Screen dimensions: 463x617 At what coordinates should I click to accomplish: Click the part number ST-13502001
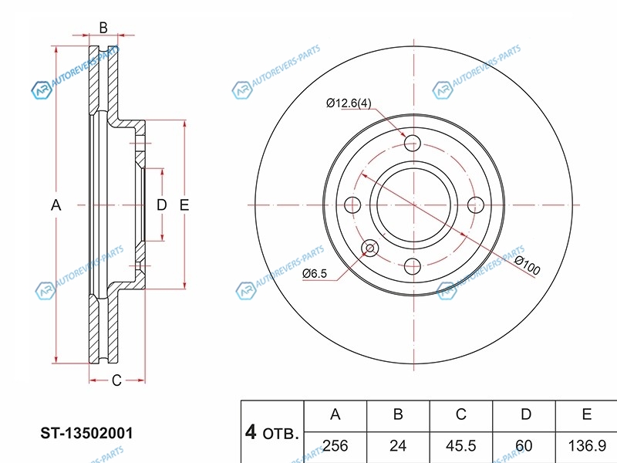(80, 434)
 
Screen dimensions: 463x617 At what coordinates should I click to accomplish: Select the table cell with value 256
(335, 445)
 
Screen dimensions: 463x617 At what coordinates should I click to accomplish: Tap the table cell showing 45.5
(460, 445)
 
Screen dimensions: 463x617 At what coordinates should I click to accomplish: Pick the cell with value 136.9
(587, 445)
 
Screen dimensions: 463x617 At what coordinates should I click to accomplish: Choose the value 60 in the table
(525, 445)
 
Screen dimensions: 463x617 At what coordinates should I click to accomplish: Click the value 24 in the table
(398, 445)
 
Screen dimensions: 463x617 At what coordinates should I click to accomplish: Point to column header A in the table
(335, 415)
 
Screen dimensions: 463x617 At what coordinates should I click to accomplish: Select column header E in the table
(587, 415)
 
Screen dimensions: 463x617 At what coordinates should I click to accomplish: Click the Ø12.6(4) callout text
(349, 103)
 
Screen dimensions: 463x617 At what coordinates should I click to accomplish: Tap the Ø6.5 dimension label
(315, 273)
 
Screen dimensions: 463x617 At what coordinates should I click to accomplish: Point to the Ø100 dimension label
(527, 265)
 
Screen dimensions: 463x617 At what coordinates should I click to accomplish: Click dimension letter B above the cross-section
(103, 28)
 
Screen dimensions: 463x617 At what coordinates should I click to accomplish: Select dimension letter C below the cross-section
(116, 380)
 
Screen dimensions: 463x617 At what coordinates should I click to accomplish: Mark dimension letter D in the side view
(161, 204)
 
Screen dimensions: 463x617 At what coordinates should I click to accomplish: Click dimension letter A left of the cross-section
(56, 204)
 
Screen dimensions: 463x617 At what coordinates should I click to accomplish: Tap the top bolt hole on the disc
(414, 143)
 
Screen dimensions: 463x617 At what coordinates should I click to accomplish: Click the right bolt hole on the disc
(476, 204)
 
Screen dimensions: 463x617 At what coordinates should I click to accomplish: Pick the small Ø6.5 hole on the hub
(370, 248)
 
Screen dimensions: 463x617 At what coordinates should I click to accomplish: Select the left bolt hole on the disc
(352, 204)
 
